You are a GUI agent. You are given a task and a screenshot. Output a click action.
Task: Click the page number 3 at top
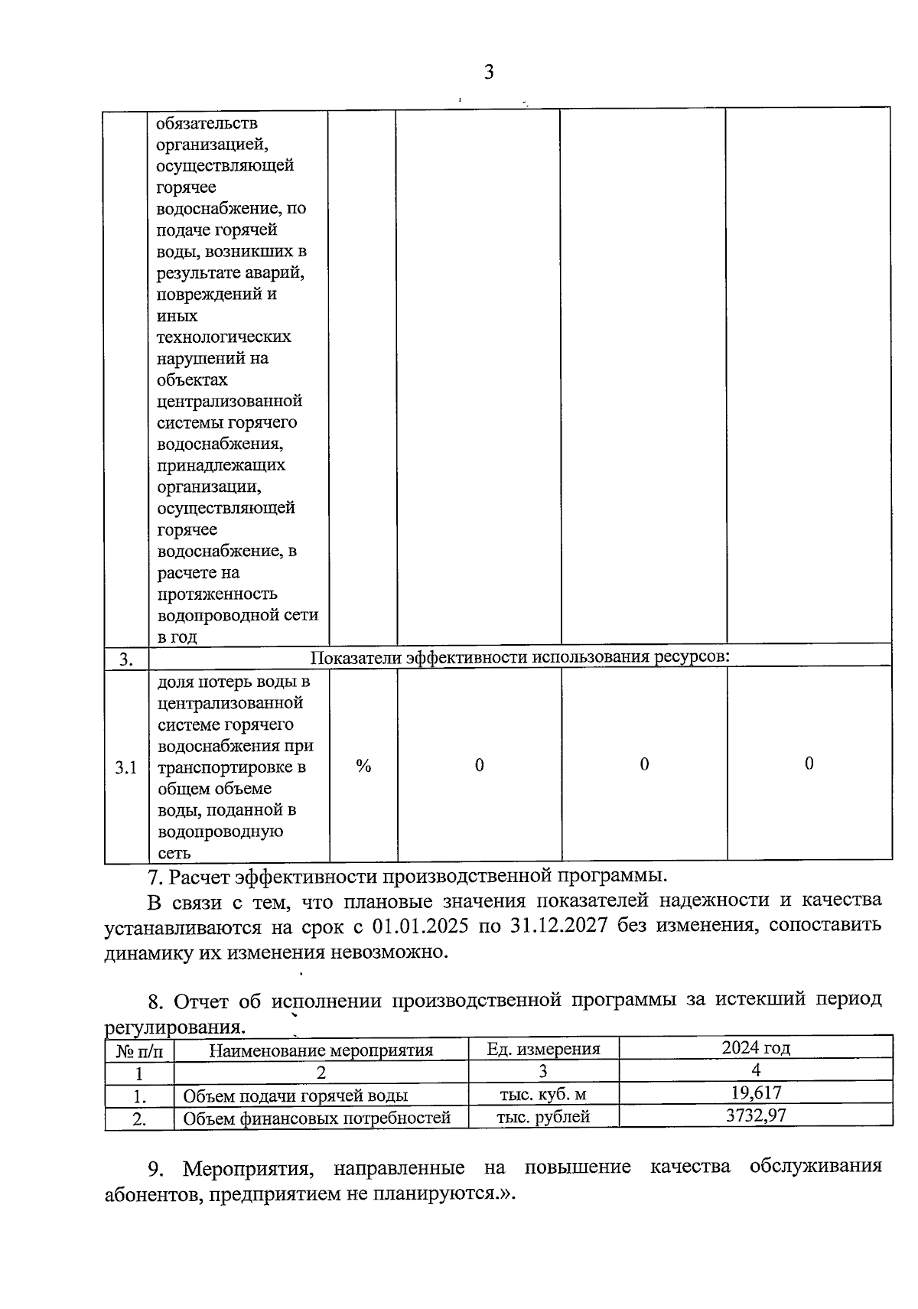click(x=489, y=73)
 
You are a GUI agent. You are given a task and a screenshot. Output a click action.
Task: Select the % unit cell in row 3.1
click(x=363, y=766)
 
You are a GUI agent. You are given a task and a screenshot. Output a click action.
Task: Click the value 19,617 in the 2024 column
click(x=755, y=1092)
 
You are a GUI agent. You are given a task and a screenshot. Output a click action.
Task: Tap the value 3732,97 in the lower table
click(x=755, y=1115)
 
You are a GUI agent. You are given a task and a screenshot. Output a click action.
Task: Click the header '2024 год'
click(x=755, y=1047)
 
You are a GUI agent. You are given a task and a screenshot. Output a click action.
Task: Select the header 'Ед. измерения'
click(x=543, y=1049)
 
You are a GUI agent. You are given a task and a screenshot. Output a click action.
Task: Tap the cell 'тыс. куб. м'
click(x=543, y=1094)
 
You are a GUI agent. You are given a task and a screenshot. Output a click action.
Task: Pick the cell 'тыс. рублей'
click(x=543, y=1116)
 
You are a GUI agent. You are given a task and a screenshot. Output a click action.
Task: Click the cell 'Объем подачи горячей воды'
click(x=295, y=1096)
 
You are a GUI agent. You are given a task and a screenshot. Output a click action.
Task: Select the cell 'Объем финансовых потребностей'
click(x=317, y=1119)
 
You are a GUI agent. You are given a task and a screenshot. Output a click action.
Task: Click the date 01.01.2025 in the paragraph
click(x=419, y=925)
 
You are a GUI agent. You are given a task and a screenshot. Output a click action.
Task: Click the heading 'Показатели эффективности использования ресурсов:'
click(x=520, y=657)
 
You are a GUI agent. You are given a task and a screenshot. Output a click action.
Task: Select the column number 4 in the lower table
click(x=755, y=1070)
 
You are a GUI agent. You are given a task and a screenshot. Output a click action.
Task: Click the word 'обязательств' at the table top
click(x=207, y=123)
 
